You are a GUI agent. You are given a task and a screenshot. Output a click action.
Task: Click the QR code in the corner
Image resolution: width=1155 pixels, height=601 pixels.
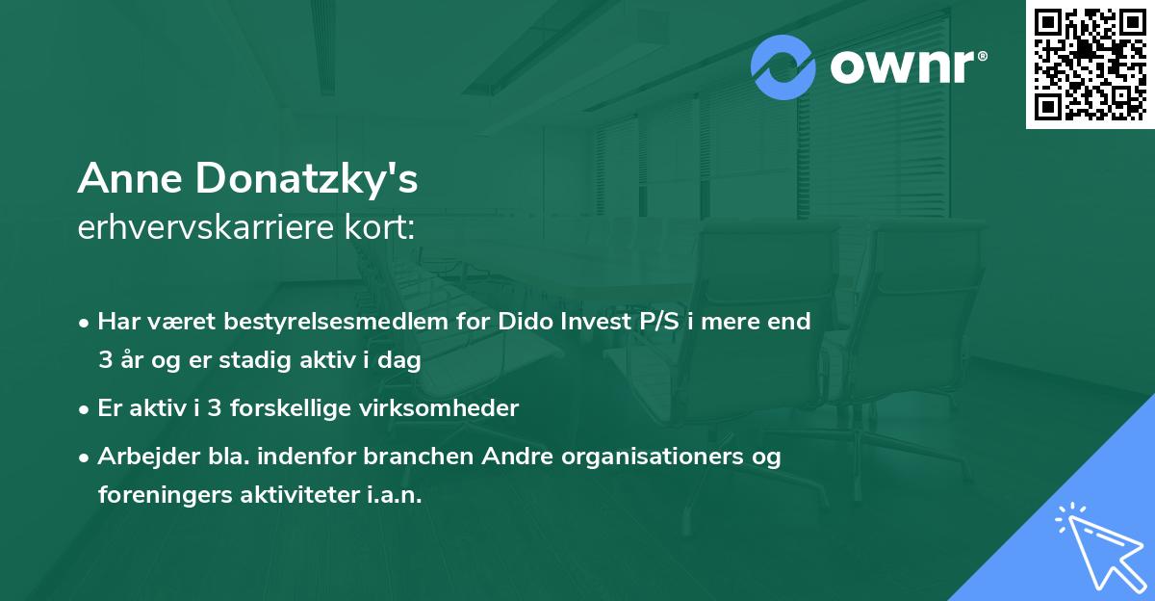pyautogui.click(x=1090, y=64)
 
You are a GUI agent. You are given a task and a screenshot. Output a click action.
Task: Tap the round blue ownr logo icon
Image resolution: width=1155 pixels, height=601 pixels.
pyautogui.click(x=783, y=67)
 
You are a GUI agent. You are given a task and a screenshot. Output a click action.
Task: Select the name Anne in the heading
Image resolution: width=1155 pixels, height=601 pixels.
pyautogui.click(x=130, y=180)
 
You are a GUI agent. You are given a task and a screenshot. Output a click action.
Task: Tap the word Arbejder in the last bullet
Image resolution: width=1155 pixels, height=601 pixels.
pyautogui.click(x=139, y=457)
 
